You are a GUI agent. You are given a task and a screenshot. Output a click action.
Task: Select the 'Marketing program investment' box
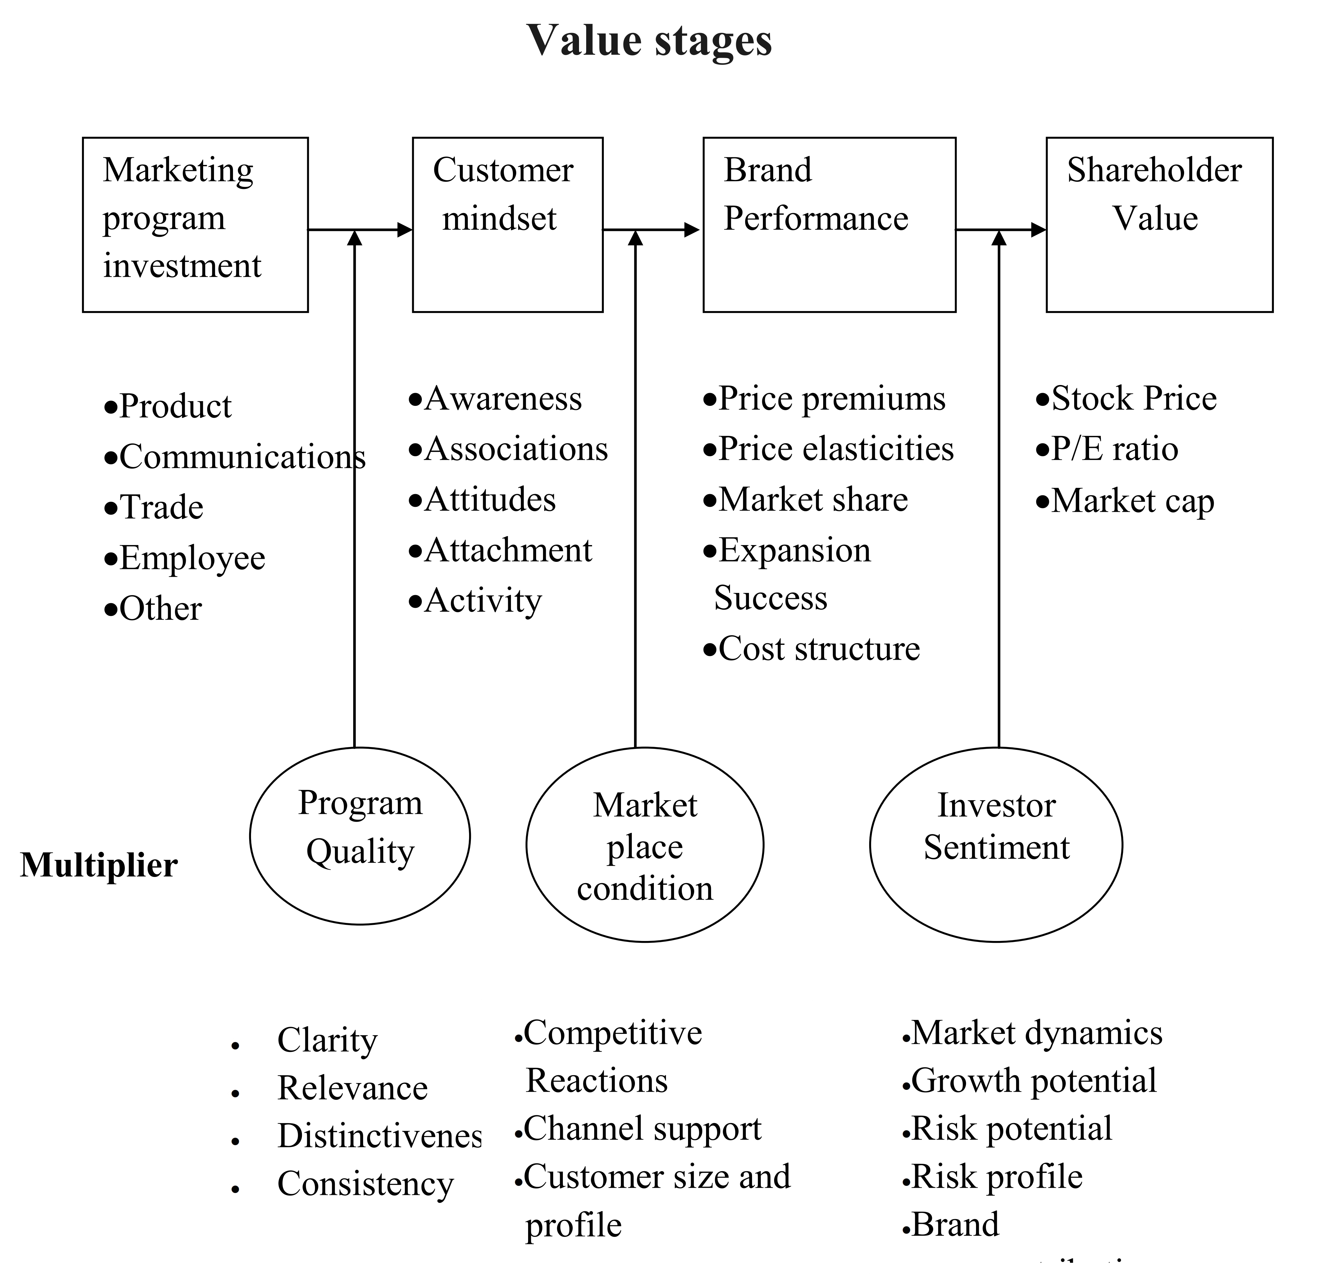click(195, 225)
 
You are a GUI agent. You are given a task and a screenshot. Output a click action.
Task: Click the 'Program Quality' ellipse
click(360, 836)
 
